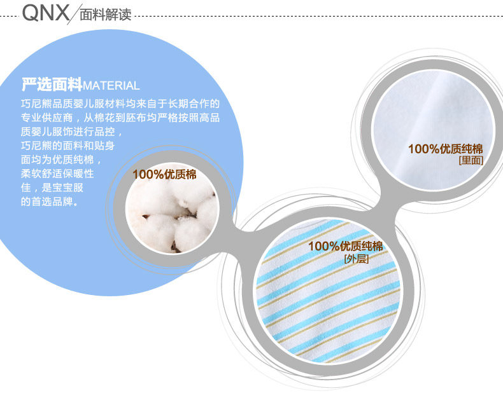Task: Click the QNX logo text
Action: [45, 12]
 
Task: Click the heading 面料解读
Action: [105, 15]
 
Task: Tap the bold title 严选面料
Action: [52, 85]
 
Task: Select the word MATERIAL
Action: [111, 86]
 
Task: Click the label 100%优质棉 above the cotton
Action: [164, 175]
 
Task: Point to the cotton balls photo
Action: [171, 216]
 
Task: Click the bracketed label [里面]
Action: [471, 161]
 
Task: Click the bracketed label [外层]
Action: [356, 259]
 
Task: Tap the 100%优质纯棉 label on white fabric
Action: [445, 149]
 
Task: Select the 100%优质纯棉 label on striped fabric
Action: [345, 247]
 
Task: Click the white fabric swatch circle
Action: [428, 121]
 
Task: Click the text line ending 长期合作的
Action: [120, 103]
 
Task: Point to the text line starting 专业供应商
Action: [120, 118]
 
